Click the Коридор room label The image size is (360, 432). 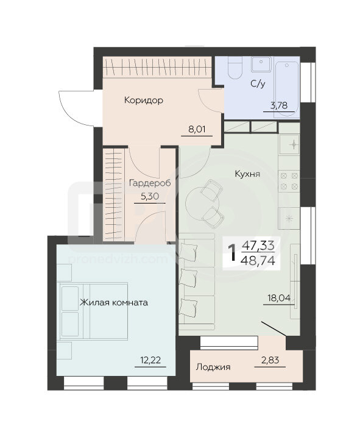pyautogui.click(x=144, y=101)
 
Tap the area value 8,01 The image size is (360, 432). pyautogui.click(x=197, y=129)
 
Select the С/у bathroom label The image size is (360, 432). pyautogui.click(x=258, y=83)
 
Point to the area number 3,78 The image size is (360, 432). pyautogui.click(x=279, y=105)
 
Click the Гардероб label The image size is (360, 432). pyautogui.click(x=150, y=183)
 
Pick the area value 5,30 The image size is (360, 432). pyautogui.click(x=150, y=196)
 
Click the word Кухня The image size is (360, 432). pyautogui.click(x=247, y=174)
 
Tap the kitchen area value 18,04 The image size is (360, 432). pyautogui.click(x=279, y=298)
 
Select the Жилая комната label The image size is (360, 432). pyautogui.click(x=114, y=302)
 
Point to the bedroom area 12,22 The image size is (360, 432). pyautogui.click(x=150, y=360)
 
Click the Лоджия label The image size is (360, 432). pyautogui.click(x=213, y=367)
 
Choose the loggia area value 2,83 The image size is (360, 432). pyautogui.click(x=270, y=360)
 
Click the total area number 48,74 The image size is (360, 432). pyautogui.click(x=258, y=260)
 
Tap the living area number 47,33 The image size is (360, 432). pyautogui.click(x=258, y=245)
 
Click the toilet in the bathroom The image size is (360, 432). pyautogui.click(x=235, y=68)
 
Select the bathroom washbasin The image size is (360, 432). pyautogui.click(x=261, y=64)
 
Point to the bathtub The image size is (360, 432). pyautogui.click(x=287, y=90)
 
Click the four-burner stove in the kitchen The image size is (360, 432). pyautogui.click(x=289, y=181)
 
